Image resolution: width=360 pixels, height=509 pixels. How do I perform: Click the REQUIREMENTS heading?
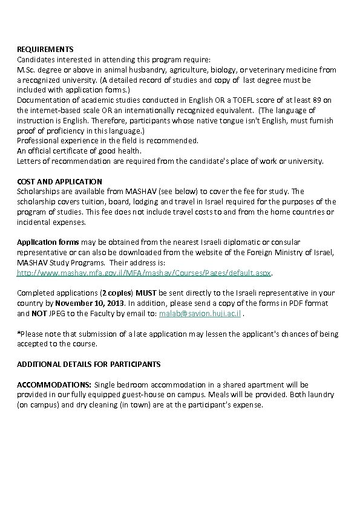coord(45,49)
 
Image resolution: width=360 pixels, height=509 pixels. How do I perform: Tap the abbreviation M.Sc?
coord(26,70)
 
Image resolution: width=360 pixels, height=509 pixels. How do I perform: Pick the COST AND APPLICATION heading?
coord(59,181)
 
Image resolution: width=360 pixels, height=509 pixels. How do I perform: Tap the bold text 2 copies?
coord(117,293)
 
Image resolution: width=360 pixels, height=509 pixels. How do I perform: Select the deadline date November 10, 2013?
coord(91,303)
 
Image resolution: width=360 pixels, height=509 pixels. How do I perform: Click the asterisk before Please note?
coord(18,334)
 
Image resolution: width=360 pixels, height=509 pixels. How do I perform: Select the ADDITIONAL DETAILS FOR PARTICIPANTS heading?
coord(88,365)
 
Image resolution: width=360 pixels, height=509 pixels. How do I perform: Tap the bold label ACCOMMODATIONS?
coord(54,384)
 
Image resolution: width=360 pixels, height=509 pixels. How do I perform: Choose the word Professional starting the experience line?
coord(38,140)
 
